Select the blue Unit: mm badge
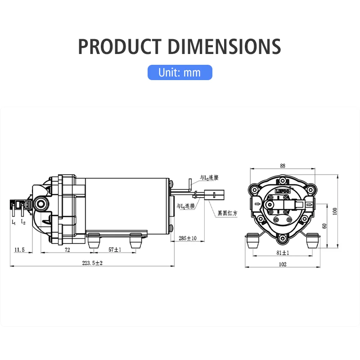point(180,72)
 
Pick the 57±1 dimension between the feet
point(115,249)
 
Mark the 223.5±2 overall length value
point(92,263)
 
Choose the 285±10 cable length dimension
point(187,238)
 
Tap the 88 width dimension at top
point(283,166)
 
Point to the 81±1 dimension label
point(283,252)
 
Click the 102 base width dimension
point(283,265)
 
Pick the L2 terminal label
point(23,222)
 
